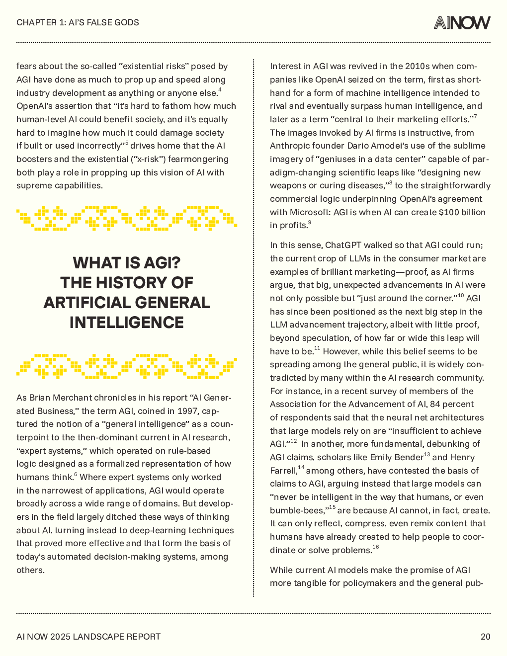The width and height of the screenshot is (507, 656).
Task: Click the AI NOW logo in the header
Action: (462, 22)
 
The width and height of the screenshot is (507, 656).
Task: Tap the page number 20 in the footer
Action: (485, 637)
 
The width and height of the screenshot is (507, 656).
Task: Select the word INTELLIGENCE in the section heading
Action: (127, 323)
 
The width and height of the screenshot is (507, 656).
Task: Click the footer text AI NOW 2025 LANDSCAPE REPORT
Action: (88, 637)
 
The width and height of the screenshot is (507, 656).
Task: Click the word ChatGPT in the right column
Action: (343, 245)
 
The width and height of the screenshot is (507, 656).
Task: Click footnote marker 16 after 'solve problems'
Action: (376, 547)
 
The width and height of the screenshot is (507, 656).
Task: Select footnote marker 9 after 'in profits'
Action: (310, 223)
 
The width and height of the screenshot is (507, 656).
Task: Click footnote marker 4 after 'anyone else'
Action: (220, 90)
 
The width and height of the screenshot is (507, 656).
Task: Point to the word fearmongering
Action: (198, 159)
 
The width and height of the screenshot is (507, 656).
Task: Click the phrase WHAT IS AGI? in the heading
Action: (127, 263)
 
